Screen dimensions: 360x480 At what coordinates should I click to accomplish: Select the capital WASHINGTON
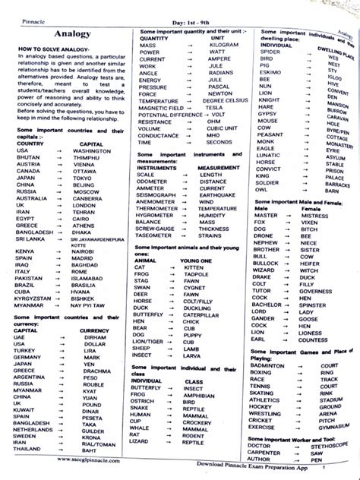coord(92,150)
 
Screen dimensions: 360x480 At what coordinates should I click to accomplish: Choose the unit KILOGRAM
coord(217,45)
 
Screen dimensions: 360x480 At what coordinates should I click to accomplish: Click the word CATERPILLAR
coord(200,314)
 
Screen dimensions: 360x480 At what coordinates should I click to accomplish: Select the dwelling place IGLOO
coord(333,77)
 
